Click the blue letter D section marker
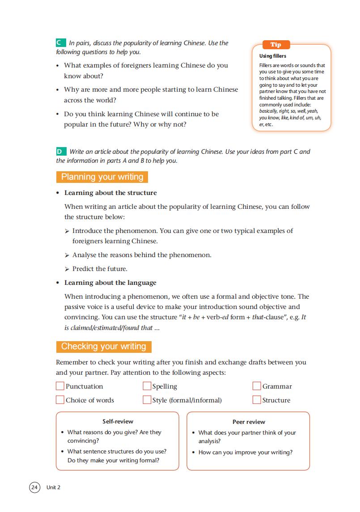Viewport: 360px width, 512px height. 61,152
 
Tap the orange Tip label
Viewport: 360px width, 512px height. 276,45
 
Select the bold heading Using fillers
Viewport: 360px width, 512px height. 273,56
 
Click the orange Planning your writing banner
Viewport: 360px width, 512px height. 102,177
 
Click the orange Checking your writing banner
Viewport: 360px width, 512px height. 104,347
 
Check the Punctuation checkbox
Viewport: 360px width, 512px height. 60,386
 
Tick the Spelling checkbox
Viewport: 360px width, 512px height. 147,386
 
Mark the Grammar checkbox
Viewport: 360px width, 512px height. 257,386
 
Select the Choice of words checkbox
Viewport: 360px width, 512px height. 60,400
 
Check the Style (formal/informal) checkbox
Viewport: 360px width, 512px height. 147,400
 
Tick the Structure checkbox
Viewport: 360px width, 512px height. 257,400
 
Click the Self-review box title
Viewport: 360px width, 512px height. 118,421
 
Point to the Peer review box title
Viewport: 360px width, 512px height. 249,422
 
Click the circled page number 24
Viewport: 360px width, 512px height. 34,487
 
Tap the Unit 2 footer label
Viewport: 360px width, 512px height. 53,487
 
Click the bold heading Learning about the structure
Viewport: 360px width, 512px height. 110,193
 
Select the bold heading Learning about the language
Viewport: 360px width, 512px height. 110,283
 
